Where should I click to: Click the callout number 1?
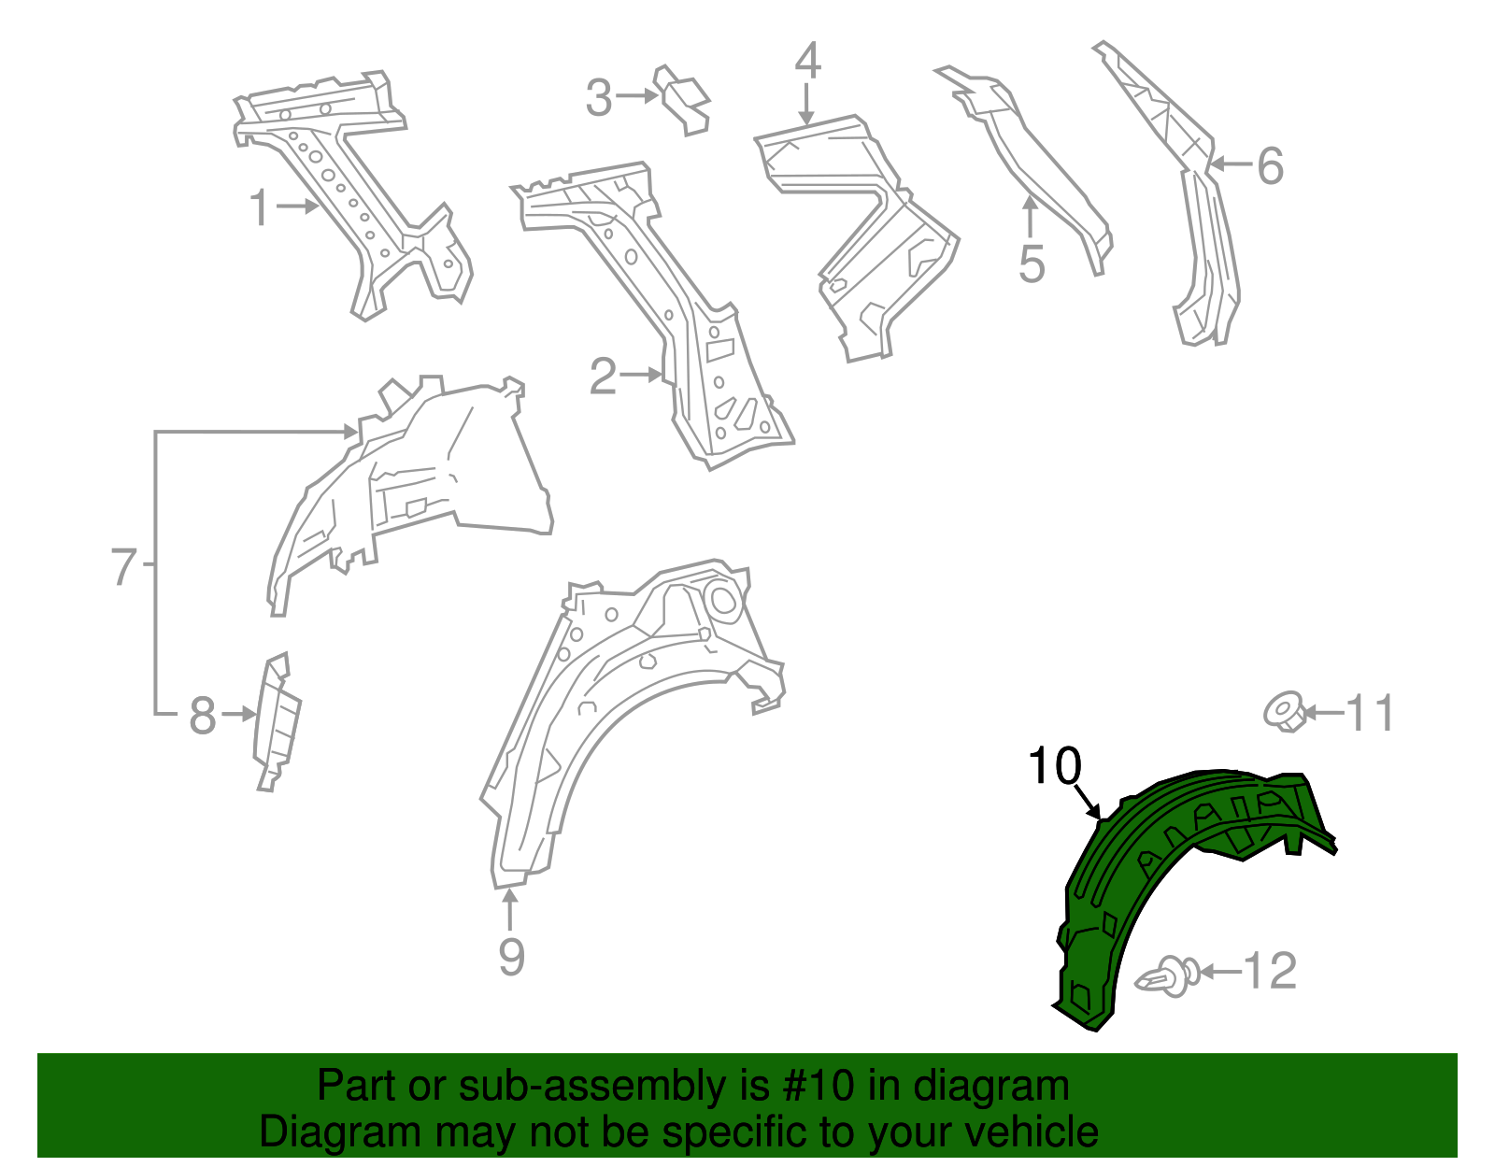tap(259, 207)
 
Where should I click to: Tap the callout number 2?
tap(603, 377)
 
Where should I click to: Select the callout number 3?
tap(599, 98)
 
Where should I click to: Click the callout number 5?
tap(1032, 264)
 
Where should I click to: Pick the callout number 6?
tap(1270, 166)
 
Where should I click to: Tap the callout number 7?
tap(124, 565)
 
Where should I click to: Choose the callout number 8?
tap(202, 716)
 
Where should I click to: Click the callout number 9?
tap(511, 957)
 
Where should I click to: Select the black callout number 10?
tap(1055, 766)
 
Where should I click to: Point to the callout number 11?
tap(1369, 713)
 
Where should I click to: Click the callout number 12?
tap(1270, 971)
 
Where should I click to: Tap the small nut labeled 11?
tap(1284, 713)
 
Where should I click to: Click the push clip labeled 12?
tap(1167, 975)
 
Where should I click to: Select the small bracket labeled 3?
tap(681, 100)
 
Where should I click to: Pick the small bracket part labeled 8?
tap(278, 722)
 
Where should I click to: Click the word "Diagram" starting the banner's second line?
tap(339, 1131)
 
